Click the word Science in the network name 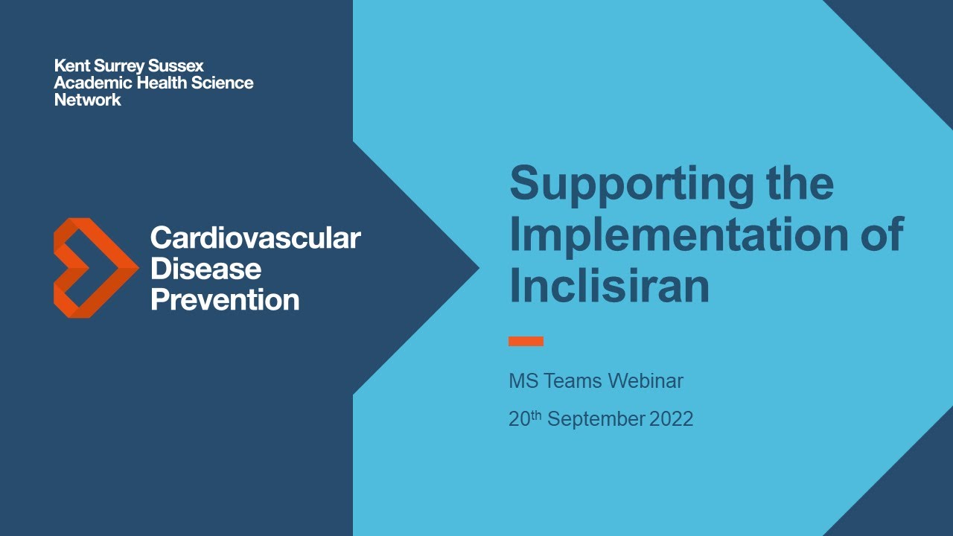(x=222, y=83)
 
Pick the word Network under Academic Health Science (x=87, y=100)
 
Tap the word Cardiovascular (x=255, y=238)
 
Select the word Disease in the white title (x=205, y=269)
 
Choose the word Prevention (x=225, y=300)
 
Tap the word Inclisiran (x=609, y=287)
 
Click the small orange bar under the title (x=526, y=341)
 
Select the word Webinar (x=646, y=382)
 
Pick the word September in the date (x=596, y=419)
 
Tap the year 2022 (x=671, y=419)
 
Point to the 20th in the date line (x=524, y=418)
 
